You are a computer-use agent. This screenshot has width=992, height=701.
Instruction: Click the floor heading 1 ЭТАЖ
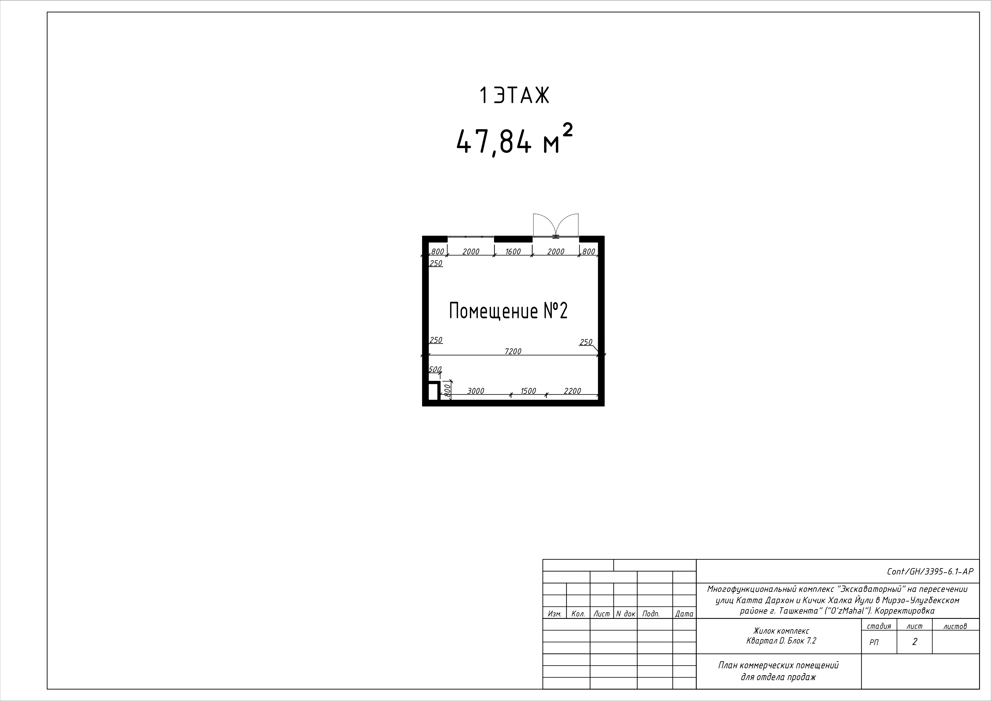tap(514, 95)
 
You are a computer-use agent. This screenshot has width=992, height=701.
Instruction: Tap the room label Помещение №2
tap(508, 311)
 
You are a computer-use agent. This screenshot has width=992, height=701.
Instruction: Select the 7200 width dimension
tap(513, 351)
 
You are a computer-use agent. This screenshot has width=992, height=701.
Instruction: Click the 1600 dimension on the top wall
tap(513, 251)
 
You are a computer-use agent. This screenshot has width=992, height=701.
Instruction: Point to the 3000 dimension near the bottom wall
tap(476, 391)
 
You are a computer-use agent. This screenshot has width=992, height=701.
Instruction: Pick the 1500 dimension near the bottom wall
tap(528, 391)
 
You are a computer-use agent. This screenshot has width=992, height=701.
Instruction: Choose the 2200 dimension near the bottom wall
tap(573, 391)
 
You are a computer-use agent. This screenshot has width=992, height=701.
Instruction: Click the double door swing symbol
tap(556, 225)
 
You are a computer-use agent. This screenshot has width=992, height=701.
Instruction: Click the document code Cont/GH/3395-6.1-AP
tap(930, 572)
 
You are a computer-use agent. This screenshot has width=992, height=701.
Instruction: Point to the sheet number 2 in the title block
tap(914, 642)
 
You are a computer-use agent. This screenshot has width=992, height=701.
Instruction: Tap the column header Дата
tap(684, 614)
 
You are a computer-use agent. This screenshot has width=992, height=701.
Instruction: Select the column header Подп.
tap(651, 614)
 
